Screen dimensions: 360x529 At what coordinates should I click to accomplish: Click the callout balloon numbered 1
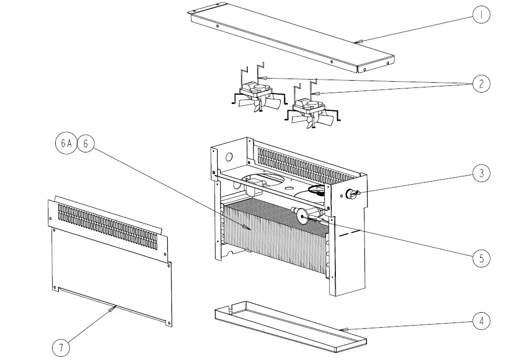coord(482,15)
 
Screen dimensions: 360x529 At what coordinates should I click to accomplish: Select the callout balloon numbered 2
coord(482,84)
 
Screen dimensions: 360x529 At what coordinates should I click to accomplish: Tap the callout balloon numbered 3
coord(482,173)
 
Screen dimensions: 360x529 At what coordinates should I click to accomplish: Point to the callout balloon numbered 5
coord(482,258)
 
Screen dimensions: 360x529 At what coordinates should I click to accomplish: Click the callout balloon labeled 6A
coord(66,144)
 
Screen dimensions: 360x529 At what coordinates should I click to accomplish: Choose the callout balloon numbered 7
coord(61,346)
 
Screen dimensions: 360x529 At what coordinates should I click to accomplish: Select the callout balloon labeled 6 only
coord(85,144)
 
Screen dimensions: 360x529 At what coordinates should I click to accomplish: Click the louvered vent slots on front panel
coord(107,224)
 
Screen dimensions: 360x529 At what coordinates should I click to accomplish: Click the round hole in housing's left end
coord(228,156)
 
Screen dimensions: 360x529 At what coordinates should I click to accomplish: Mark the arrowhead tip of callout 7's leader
coord(116,306)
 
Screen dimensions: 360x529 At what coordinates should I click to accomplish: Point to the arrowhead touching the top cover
coord(355,41)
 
